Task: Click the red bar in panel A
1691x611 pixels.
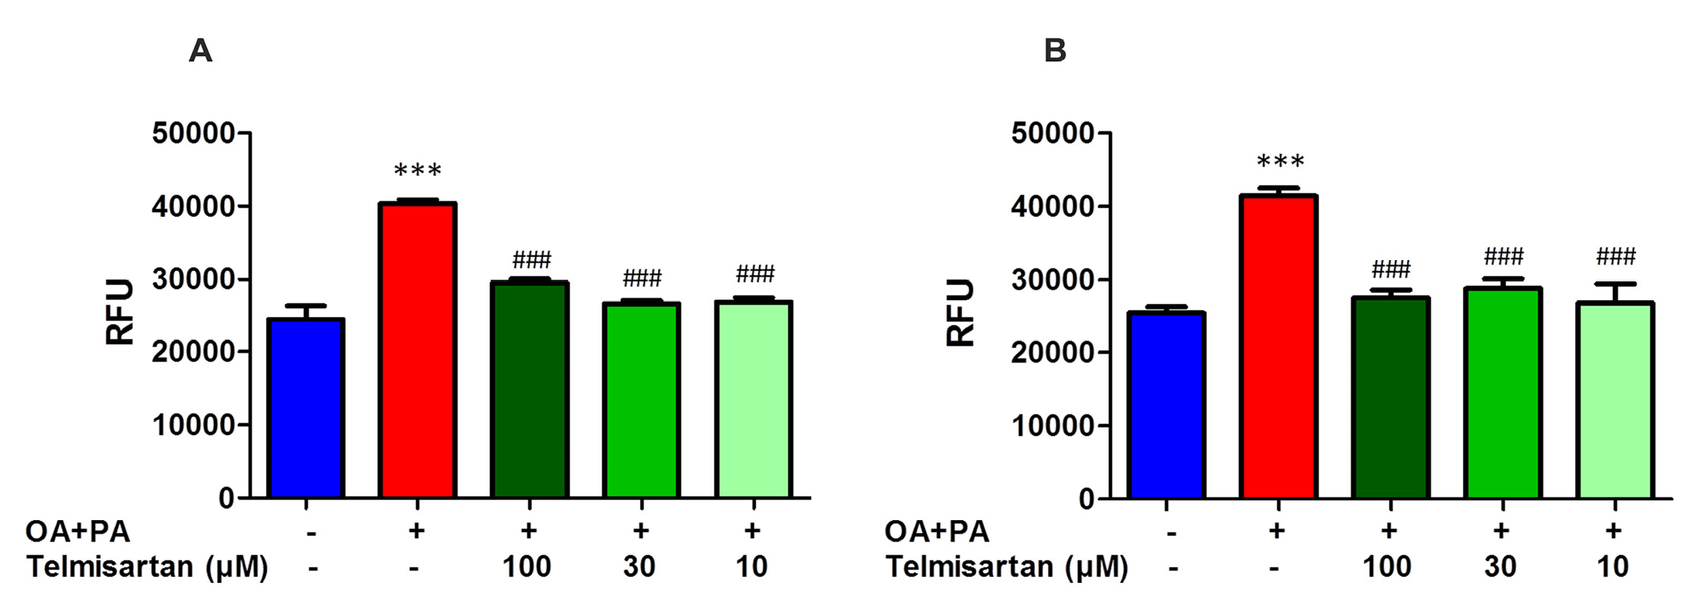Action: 417,350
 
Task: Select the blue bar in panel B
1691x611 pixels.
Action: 1166,405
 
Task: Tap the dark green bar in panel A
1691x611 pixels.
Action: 530,390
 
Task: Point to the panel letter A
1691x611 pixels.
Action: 200,52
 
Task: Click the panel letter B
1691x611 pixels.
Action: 1055,52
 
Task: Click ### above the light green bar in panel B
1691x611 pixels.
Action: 1615,256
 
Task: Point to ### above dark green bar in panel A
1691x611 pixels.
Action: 531,260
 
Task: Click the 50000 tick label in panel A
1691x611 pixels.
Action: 193,133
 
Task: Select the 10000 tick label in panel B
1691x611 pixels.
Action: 1053,426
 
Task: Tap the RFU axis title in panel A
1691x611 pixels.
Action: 120,312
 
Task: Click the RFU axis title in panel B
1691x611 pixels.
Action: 961,312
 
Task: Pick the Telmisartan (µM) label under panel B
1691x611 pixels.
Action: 1006,567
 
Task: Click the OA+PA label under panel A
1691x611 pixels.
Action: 77,531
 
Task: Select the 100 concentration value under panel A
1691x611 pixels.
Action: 527,566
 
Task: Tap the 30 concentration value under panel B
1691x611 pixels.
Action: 1500,566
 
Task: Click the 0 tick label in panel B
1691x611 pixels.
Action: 1086,499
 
